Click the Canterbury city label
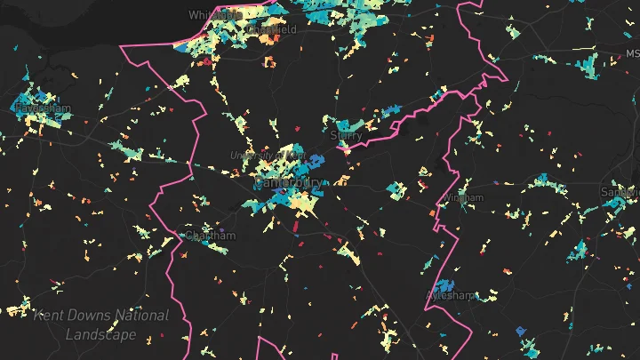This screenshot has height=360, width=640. [x=288, y=182]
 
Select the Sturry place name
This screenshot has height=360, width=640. [x=346, y=136]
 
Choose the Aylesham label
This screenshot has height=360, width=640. [x=451, y=295]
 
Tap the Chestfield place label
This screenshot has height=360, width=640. [x=270, y=28]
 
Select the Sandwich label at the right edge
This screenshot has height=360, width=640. [x=620, y=191]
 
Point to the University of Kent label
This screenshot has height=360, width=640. [x=267, y=156]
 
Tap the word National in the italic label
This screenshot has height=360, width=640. [x=140, y=316]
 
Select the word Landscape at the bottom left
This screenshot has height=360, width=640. [x=100, y=334]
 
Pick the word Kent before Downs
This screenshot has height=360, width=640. [x=49, y=316]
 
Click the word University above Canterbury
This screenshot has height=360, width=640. [x=249, y=156]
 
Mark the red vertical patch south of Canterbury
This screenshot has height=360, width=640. [x=298, y=235]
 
